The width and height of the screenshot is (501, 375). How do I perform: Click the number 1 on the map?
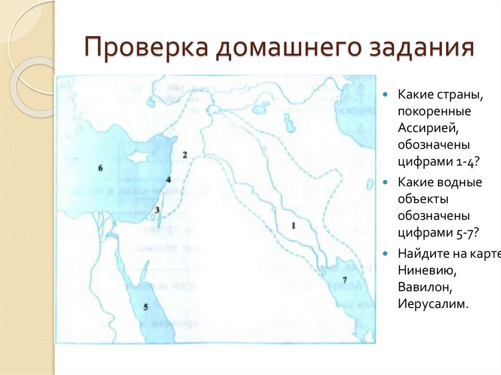(x=294, y=225)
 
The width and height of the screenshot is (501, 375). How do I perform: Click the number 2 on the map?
(x=185, y=155)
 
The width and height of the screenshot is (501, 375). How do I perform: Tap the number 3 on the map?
(x=157, y=210)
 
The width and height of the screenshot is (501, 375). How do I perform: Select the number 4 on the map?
(x=168, y=180)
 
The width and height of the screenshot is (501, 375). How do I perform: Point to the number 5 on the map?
(x=145, y=307)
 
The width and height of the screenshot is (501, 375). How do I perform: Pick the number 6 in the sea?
(x=100, y=168)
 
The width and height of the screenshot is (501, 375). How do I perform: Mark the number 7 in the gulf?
(x=344, y=280)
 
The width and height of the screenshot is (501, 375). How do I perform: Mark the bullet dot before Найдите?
(x=386, y=253)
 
